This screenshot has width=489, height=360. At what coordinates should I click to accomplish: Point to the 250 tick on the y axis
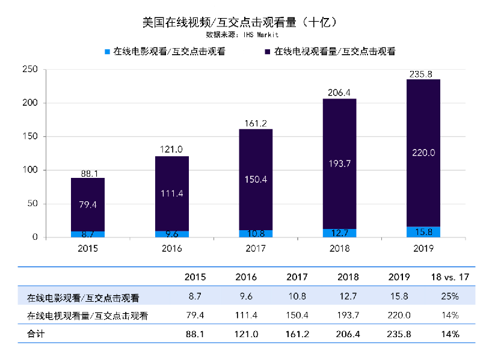[x=29, y=70]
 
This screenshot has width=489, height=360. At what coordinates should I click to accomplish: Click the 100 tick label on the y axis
[x=29, y=170]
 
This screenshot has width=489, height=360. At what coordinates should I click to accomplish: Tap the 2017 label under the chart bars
[x=256, y=248]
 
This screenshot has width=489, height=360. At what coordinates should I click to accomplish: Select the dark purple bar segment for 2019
[x=423, y=153]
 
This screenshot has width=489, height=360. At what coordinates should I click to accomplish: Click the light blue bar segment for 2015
[x=88, y=234]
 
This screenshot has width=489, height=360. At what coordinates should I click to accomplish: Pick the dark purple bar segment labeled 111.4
[x=171, y=194]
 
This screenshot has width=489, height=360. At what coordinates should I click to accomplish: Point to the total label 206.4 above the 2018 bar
[x=339, y=93]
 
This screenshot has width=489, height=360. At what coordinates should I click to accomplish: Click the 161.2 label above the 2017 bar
[x=256, y=123]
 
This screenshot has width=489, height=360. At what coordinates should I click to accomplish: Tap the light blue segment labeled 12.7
[x=339, y=233]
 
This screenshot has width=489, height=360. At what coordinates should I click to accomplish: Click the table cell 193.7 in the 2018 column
[x=348, y=315]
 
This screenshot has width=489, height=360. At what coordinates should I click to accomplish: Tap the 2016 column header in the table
[x=246, y=277]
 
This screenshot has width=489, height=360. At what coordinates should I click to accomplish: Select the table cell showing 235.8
[x=399, y=334]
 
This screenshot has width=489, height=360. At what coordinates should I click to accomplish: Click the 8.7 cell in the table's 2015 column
[x=195, y=296]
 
